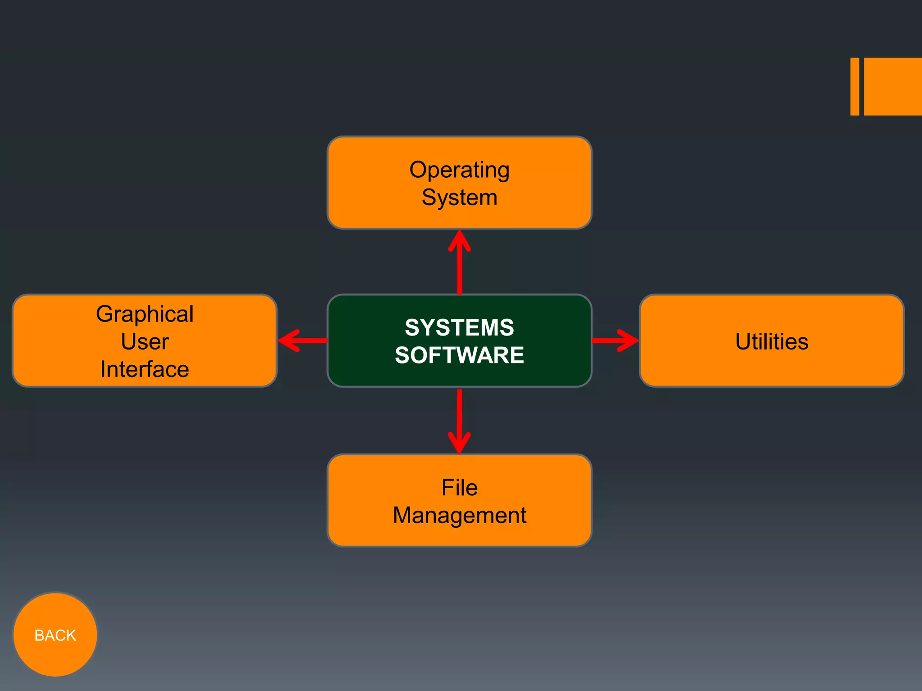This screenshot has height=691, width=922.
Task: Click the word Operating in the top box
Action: (x=459, y=171)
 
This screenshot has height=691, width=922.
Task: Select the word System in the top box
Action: (x=459, y=198)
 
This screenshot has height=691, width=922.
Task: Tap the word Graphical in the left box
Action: (x=145, y=314)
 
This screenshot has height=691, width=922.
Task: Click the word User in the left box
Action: (x=145, y=341)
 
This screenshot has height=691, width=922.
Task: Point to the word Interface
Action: (x=145, y=369)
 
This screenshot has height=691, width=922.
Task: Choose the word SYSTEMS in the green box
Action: (x=459, y=328)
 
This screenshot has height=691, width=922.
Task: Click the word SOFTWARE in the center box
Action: (x=459, y=355)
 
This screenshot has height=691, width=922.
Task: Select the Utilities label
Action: (x=772, y=341)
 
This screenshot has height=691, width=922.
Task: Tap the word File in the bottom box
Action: (x=459, y=488)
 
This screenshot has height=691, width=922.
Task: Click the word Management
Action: (x=459, y=516)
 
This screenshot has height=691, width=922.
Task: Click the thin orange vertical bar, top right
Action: (x=854, y=86)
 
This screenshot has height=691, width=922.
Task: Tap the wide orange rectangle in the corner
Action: (x=893, y=86)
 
